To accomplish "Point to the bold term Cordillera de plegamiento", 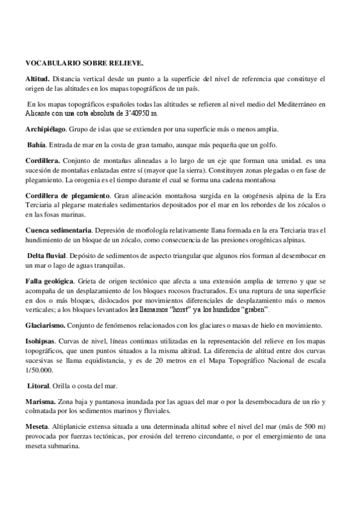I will tap(67, 195).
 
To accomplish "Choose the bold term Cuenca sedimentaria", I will tap(58, 230).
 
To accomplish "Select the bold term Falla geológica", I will tap(49, 281).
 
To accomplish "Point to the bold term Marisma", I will tap(41, 401).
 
